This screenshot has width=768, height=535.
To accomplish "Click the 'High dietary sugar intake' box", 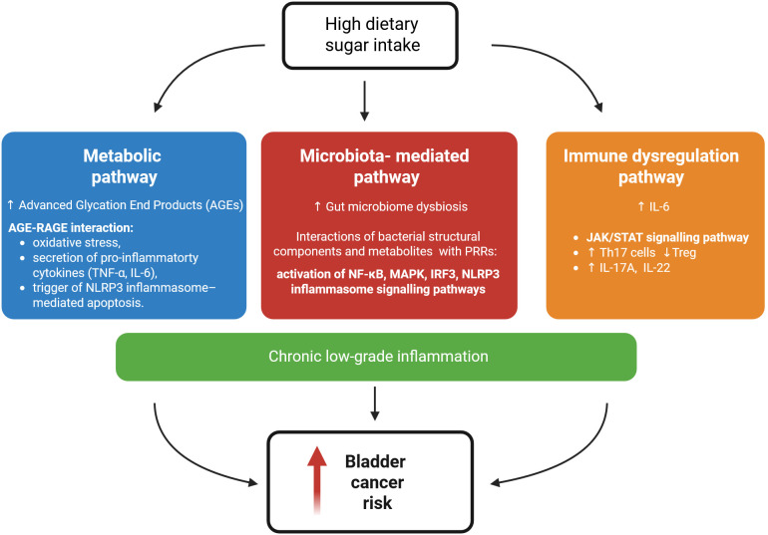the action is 370,35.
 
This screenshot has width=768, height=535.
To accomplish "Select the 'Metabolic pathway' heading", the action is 123,166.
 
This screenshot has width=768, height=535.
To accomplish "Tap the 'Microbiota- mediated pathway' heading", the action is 385,166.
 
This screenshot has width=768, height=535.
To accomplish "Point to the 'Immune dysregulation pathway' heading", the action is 651,166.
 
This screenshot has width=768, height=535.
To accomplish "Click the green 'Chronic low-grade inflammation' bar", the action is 376,357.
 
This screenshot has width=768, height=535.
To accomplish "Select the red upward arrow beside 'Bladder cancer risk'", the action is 317,480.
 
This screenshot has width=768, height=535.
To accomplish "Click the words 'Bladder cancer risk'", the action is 376,482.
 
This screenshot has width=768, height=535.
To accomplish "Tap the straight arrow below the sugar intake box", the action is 364,101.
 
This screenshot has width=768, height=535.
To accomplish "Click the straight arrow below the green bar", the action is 375,403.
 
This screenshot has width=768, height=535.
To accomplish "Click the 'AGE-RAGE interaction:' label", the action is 71,227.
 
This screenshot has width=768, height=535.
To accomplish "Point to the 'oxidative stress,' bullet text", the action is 77,242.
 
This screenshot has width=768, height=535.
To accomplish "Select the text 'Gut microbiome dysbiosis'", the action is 397,206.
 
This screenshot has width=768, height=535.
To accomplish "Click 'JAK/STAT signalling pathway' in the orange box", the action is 667,237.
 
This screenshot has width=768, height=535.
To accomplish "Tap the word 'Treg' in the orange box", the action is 684,252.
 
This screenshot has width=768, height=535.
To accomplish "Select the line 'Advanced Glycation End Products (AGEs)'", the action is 131,205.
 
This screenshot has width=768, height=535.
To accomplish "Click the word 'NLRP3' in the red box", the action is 481,274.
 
